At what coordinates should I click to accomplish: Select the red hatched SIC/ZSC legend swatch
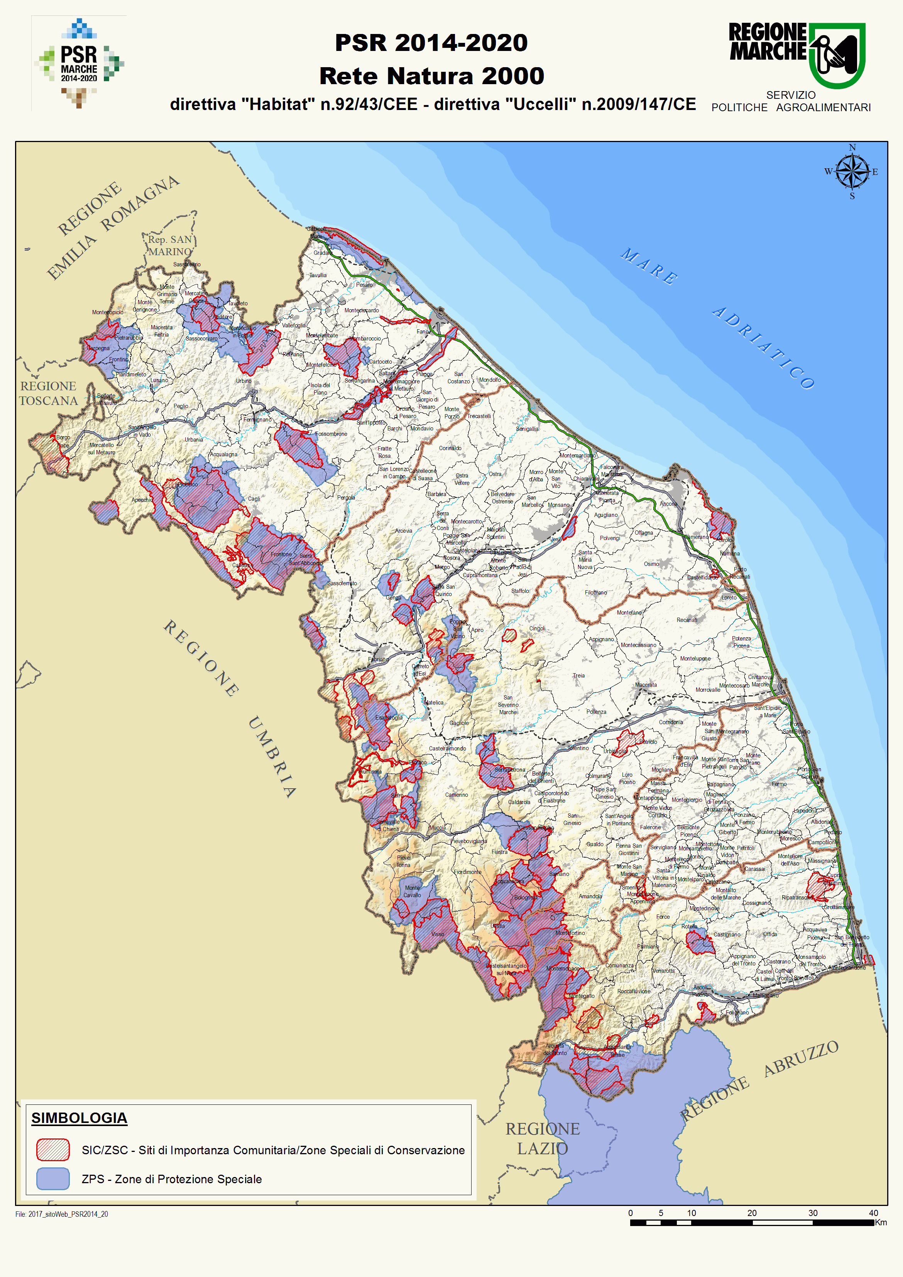click(53, 1150)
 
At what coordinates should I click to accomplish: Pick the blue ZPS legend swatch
click(53, 1179)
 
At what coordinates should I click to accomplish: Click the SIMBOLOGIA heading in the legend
click(79, 1118)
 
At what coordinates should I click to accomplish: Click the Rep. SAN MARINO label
click(170, 245)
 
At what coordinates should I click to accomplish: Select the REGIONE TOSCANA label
click(48, 393)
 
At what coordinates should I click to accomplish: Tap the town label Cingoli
click(537, 628)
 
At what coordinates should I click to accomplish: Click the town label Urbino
click(244, 381)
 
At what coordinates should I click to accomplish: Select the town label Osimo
click(652, 563)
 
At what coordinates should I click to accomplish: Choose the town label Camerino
click(457, 795)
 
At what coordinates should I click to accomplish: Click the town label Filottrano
click(595, 592)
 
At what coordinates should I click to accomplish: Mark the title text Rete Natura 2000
click(431, 76)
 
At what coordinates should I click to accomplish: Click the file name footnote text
click(62, 1214)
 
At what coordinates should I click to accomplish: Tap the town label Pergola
click(346, 497)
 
